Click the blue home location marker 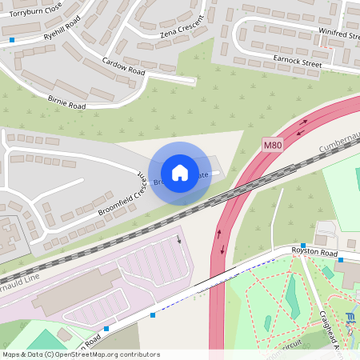click(x=179, y=172)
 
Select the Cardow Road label click(x=123, y=66)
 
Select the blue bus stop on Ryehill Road click(x=13, y=39)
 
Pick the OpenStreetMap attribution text click(x=81, y=354)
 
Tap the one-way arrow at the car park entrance click(x=179, y=238)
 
